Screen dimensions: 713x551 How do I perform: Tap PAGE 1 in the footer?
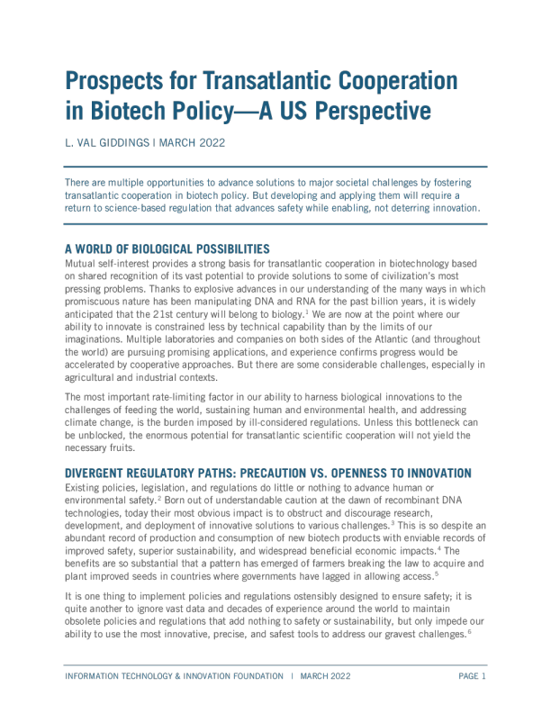pyautogui.click(x=472, y=676)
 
